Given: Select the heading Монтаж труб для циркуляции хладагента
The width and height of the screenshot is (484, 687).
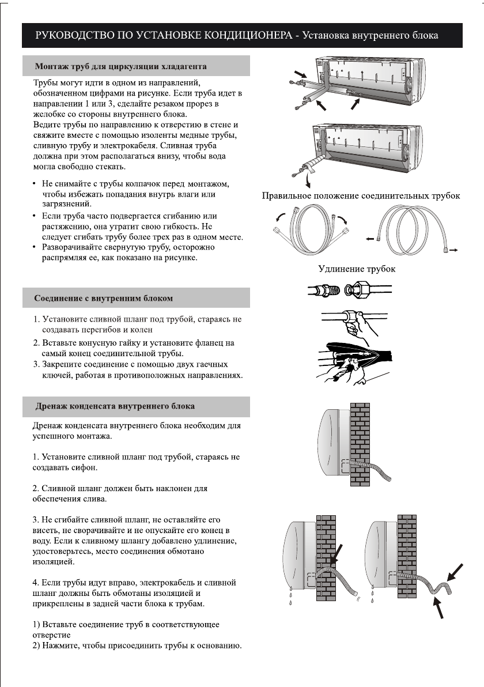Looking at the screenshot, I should [x=121, y=66].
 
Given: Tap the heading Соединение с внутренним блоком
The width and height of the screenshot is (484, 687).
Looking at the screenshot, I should [x=104, y=299].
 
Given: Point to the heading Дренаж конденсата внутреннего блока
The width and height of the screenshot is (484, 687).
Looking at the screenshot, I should [x=115, y=406].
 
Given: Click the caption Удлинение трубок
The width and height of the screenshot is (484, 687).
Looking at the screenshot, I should [x=357, y=269].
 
